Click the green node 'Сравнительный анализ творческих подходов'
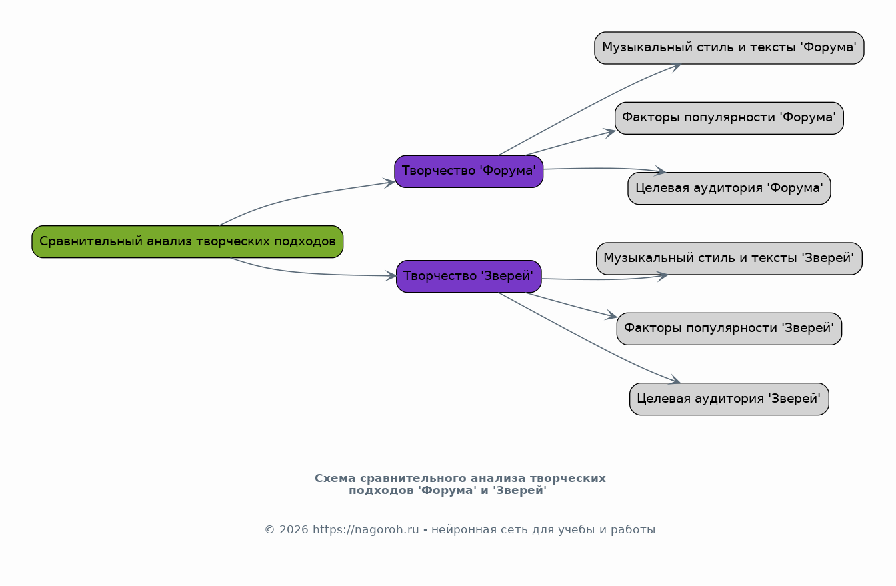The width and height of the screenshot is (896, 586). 187,241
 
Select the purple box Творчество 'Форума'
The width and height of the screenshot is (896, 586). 469,171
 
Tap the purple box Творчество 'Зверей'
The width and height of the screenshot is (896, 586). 469,276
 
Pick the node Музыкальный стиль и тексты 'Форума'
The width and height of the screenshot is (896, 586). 729,48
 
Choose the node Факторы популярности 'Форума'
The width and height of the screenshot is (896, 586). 729,118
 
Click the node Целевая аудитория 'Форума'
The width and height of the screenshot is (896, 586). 729,188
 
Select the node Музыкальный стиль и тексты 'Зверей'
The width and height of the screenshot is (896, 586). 729,259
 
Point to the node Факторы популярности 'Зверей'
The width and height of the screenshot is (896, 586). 729,329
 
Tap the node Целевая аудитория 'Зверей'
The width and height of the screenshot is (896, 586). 729,399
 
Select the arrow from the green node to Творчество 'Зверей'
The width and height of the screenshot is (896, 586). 307,273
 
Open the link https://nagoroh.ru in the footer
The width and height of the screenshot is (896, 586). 365,530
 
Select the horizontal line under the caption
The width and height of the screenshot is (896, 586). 460,509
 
